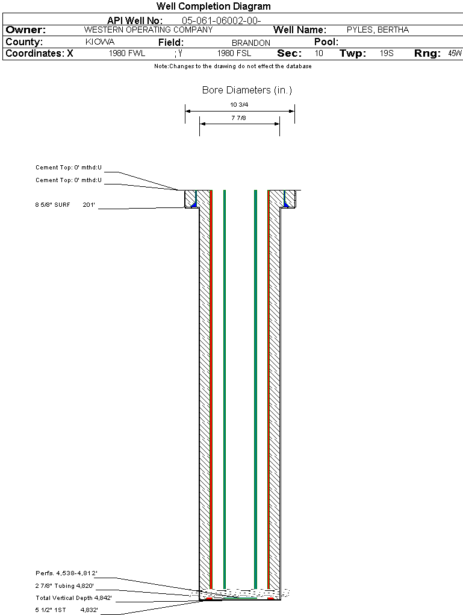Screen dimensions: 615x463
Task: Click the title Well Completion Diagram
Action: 213,7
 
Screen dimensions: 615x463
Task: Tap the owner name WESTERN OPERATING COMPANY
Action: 148,30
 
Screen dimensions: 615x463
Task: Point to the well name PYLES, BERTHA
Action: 378,30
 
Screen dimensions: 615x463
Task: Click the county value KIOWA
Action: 100,42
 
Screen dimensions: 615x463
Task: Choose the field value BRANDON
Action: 251,43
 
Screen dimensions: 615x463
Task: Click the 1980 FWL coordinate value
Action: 127,54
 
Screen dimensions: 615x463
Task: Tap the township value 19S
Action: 386,54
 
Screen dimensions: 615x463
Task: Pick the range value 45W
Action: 455,54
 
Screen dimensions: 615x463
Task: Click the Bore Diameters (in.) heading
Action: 247,90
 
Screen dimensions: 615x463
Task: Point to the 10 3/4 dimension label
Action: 239,105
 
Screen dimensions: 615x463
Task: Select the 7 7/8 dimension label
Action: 239,118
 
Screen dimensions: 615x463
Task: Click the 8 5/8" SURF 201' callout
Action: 66,205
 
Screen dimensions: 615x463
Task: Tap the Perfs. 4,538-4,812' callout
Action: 66,573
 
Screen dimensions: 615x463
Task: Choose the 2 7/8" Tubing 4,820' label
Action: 64,585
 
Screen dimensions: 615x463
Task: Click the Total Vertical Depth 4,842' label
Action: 73,598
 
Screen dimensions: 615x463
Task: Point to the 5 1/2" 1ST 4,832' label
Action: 66,610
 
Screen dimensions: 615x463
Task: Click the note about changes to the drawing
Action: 232,66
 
